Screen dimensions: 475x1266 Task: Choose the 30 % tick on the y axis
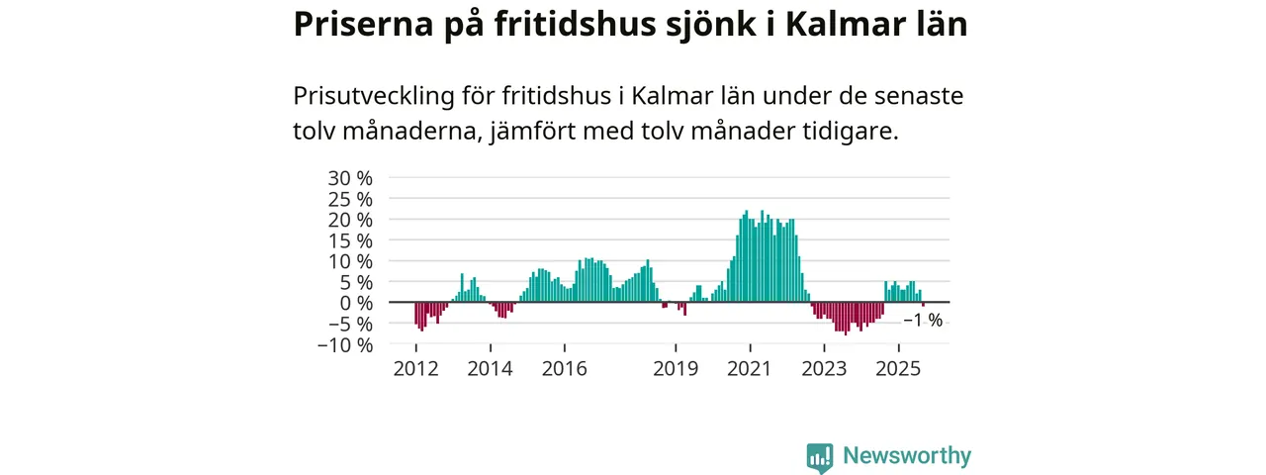pos(351,178)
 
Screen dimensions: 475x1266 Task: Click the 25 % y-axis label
pos(351,199)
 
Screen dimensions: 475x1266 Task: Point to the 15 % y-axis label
pos(351,240)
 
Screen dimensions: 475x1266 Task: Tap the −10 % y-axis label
pos(345,344)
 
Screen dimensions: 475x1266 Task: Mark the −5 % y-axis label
pos(350,324)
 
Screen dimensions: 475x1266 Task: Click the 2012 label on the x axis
pos(415,369)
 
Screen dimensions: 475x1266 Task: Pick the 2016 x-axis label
pos(564,369)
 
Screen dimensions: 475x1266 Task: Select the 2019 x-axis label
pos(676,369)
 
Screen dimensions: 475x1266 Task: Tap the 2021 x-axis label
pos(750,369)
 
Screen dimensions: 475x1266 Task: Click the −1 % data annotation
pos(923,321)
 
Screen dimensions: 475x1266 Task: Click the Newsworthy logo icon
pos(819,456)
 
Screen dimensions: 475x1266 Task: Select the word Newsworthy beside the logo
pos(907,456)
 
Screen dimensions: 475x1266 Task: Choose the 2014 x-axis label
pos(490,369)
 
